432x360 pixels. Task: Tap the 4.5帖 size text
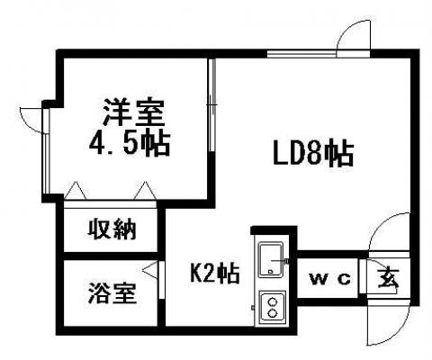pos(130,143)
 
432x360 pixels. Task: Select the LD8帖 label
pos(313,154)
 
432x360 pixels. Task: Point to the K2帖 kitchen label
pos(215,273)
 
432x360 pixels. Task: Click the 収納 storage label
pos(112,229)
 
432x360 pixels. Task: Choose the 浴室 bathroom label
pos(112,292)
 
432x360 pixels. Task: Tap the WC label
pos(330,280)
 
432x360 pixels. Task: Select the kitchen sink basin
pos(271,260)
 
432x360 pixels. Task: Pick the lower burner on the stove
pos(273,313)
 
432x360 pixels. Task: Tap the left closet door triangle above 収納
pos(76,190)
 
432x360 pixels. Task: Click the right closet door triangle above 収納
pos(146,190)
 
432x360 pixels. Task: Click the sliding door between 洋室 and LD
pos(212,105)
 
